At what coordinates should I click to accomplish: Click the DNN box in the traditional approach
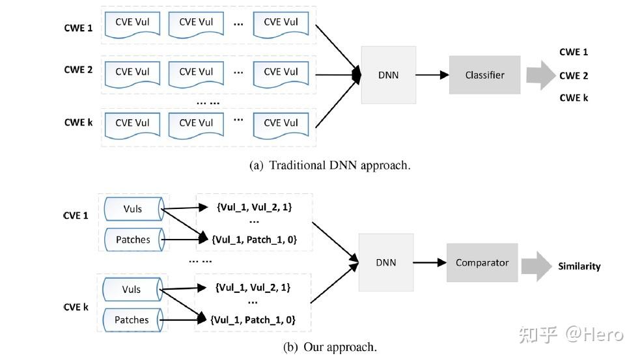tap(388, 75)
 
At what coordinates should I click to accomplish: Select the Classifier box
tap(484, 75)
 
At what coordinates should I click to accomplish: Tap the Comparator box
tap(482, 262)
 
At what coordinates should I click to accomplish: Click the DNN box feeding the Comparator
tap(385, 262)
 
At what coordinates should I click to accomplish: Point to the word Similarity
tap(579, 266)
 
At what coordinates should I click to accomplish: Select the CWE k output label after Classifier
tap(573, 98)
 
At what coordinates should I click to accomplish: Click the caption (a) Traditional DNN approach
tap(330, 165)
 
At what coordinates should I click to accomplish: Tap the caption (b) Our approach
tap(330, 347)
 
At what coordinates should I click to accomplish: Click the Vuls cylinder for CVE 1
tap(132, 208)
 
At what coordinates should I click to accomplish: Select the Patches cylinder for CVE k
tap(132, 320)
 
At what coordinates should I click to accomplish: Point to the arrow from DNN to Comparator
tap(430, 262)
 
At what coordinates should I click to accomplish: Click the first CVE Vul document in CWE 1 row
tap(133, 23)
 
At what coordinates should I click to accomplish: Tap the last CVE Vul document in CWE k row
tap(281, 124)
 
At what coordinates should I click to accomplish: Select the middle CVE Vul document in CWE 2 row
tap(196, 73)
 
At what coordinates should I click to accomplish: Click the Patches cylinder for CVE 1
tap(133, 240)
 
